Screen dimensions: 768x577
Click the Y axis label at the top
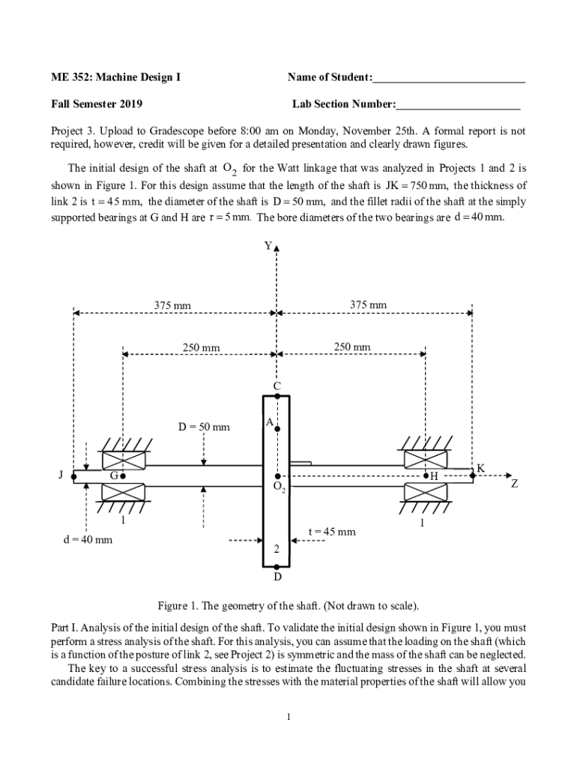268,244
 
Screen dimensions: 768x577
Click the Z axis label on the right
514,484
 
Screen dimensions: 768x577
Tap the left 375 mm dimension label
172,305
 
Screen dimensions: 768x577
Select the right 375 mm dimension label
369,304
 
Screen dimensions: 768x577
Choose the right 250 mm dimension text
351,346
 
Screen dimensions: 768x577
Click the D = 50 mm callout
204,427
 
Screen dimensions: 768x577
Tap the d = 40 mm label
87,539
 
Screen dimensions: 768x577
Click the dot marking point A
277,429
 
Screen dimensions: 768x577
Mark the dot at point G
122,475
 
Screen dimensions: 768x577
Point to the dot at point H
426,475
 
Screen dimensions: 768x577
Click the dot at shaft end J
73,475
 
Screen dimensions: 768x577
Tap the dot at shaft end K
472,475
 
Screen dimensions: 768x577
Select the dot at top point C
277,395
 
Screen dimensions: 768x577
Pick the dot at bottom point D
277,568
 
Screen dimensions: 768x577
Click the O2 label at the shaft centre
279,487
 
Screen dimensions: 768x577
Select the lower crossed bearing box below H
425,492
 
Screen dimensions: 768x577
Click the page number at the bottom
288,717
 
